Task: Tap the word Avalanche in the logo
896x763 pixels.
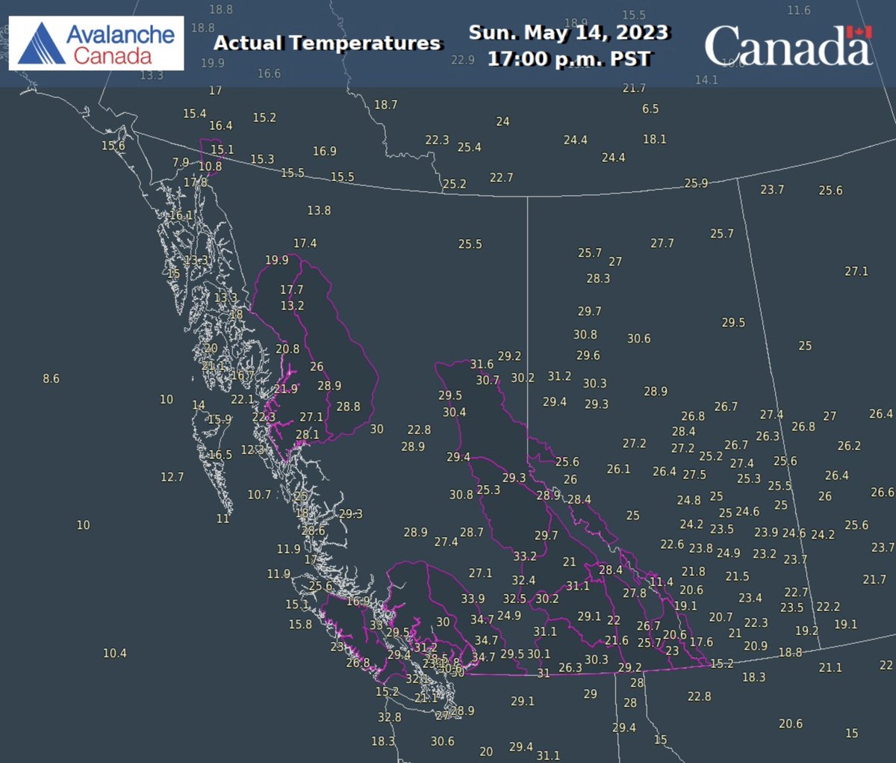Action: (119, 34)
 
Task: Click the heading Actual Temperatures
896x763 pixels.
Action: (327, 43)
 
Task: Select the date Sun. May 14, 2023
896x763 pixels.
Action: (568, 33)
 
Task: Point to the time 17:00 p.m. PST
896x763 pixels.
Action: (569, 58)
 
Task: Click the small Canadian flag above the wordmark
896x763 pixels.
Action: (859, 32)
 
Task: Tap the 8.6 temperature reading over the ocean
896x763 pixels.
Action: (51, 379)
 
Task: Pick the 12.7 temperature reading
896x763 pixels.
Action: (172, 477)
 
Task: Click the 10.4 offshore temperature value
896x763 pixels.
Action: (114, 653)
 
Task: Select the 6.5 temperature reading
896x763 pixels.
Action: (650, 109)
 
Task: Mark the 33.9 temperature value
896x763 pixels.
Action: (473, 599)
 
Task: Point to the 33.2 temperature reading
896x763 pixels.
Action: (524, 556)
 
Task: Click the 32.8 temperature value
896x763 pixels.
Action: (389, 717)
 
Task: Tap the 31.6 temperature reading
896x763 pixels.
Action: (482, 365)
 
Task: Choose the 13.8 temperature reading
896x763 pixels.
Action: (319, 211)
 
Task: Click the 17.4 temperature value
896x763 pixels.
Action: (305, 244)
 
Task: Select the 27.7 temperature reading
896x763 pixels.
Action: (662, 244)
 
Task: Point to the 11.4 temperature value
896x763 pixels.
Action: (661, 582)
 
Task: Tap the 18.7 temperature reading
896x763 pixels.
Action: (385, 105)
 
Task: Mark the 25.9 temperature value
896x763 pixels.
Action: (696, 184)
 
